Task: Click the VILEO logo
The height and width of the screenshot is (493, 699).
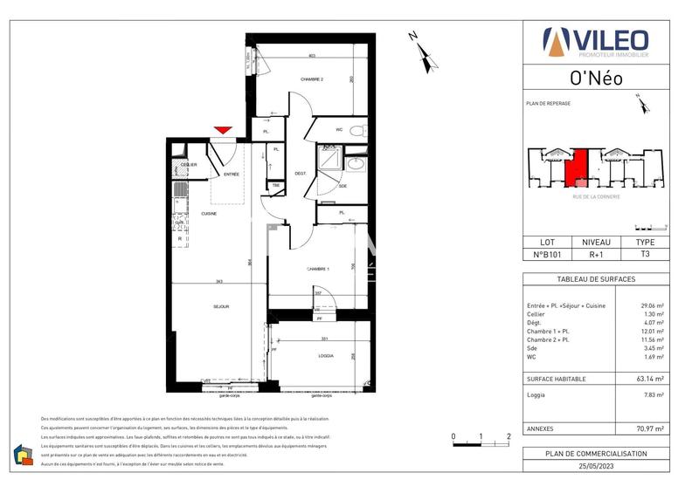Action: (596, 41)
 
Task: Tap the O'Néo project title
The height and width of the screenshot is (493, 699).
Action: (596, 78)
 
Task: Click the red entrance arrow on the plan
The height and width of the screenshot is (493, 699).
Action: (223, 131)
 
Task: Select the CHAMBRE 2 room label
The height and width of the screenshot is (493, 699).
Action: (312, 80)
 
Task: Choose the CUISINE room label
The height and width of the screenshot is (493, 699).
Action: (209, 213)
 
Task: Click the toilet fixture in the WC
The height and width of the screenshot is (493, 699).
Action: (355, 131)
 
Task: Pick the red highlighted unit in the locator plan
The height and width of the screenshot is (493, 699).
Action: (577, 167)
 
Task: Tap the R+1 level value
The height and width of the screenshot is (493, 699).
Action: (597, 255)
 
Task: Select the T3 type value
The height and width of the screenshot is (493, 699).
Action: (645, 255)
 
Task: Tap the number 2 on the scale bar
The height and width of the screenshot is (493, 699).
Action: (509, 435)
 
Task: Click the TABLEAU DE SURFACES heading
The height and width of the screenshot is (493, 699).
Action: (596, 278)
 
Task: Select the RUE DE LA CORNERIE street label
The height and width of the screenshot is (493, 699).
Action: (597, 196)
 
